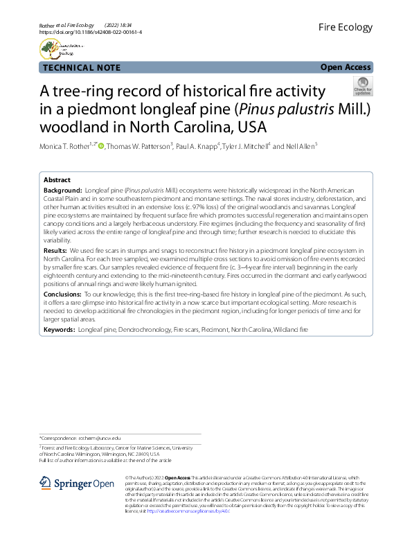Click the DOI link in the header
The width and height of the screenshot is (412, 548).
pyautogui.click(x=88, y=32)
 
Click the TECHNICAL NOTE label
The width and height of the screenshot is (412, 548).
pyautogui.click(x=81, y=67)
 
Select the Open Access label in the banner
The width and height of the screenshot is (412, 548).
pyautogui.click(x=346, y=67)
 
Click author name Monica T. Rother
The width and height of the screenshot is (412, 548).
pyautogui.click(x=67, y=146)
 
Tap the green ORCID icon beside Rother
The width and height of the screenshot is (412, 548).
pyautogui.click(x=100, y=146)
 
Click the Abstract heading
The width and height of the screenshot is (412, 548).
pyautogui.click(x=57, y=179)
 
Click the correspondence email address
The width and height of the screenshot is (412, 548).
pyautogui.click(x=98, y=439)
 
